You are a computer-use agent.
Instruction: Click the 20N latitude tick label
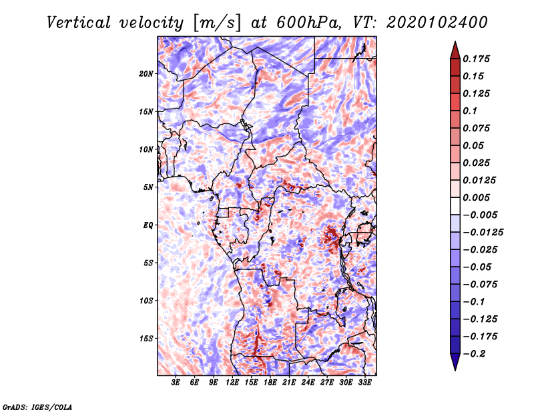146,74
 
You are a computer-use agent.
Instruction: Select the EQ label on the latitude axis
148,225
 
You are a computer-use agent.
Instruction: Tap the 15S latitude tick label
146,339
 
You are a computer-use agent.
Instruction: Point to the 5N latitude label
148,187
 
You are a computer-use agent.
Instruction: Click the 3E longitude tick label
176,383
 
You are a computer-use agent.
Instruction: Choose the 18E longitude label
270,383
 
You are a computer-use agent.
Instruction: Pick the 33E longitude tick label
364,383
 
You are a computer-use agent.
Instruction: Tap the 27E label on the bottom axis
327,383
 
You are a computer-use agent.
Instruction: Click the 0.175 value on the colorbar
476,59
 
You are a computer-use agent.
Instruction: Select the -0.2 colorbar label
474,354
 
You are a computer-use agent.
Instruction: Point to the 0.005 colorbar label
476,197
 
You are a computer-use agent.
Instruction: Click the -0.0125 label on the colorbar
483,233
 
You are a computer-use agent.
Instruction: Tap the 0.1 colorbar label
470,111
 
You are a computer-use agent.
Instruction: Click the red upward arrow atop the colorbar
455,50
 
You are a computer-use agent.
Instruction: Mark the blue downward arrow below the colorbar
455,362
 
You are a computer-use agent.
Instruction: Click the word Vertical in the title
79,23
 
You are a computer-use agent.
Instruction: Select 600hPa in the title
308,23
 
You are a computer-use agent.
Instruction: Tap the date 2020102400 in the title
437,23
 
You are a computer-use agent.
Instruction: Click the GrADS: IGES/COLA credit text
37,407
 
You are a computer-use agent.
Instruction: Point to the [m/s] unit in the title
218,23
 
